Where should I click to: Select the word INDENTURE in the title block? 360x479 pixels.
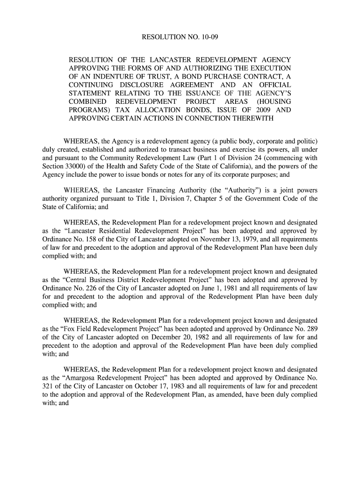coord(113,77)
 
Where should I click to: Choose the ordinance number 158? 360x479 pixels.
coord(84,239)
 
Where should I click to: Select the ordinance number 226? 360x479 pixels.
coord(84,288)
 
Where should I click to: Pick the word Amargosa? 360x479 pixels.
coord(79,377)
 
